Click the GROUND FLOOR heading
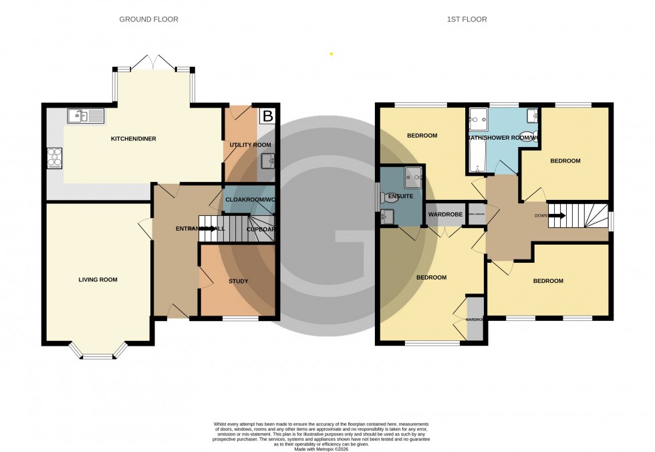148,19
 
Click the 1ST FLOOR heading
467,19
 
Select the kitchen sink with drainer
86,116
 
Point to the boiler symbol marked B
268,116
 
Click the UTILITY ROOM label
249,145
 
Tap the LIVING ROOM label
98,279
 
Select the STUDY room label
238,281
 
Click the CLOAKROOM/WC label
248,199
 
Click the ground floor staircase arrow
210,229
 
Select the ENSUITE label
400,197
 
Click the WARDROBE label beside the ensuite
445,215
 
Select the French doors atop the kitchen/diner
153,64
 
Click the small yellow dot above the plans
331,53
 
